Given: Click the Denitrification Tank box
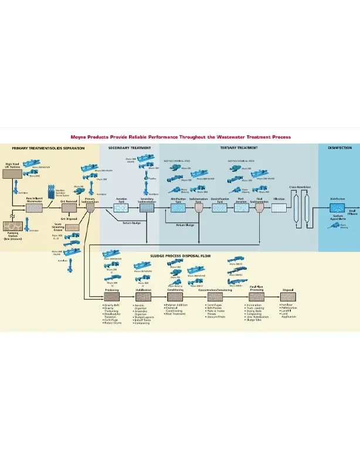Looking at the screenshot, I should pos(219,208).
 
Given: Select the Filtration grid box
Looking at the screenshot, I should pos(279,208).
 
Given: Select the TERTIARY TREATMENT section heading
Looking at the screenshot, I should pos(238,148).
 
